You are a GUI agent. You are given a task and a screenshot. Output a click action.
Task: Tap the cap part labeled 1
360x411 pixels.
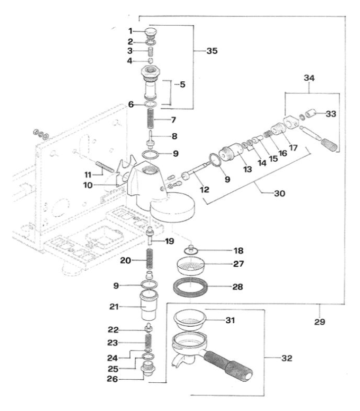tap(151, 33)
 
